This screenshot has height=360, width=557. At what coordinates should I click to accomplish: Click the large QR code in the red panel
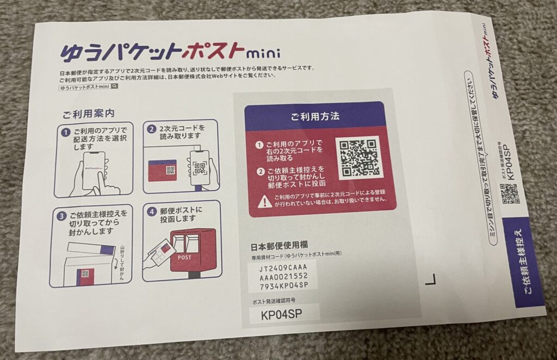(x=357, y=158)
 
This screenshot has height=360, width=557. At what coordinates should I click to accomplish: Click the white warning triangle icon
(x=264, y=202)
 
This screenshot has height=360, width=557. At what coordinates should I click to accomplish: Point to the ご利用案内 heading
(x=88, y=114)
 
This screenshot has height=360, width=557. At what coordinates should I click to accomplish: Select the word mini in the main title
(x=263, y=53)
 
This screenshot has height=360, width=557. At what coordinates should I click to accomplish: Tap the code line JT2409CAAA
(x=283, y=268)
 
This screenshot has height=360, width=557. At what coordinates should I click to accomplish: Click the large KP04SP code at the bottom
(x=282, y=314)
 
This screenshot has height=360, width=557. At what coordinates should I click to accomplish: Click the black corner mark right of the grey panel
(x=431, y=280)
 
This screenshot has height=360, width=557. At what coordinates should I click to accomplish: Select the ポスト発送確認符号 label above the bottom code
(x=273, y=300)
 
